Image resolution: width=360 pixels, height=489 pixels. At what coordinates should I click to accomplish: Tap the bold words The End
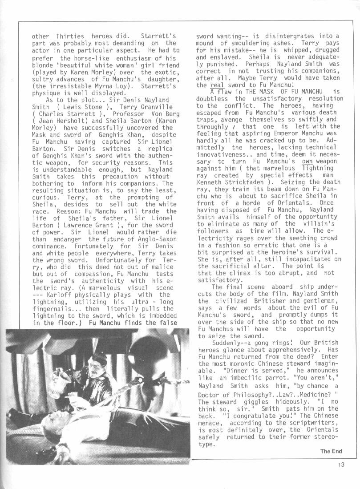click(x=331, y=451)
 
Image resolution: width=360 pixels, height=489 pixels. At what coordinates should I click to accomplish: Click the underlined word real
click(x=217, y=85)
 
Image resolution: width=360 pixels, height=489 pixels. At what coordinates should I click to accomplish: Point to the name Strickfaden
click(x=242, y=182)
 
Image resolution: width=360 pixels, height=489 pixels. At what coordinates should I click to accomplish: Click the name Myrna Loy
click(x=134, y=86)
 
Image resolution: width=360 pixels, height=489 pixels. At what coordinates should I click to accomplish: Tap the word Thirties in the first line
click(x=71, y=36)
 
